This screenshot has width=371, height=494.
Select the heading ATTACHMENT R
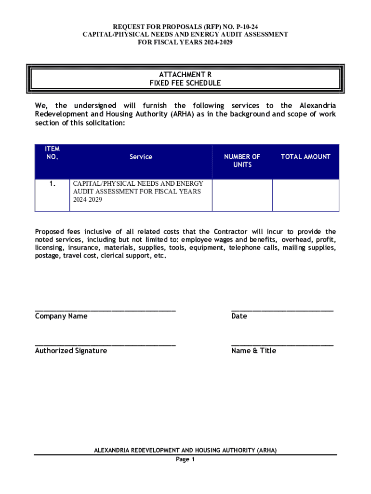click(x=185, y=74)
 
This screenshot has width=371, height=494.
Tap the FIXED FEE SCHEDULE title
click(x=185, y=83)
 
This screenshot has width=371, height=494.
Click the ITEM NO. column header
click(x=52, y=153)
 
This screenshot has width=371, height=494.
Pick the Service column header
click(x=141, y=157)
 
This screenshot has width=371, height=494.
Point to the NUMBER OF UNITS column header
click(x=242, y=161)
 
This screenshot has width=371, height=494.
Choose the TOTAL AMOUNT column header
click(x=305, y=157)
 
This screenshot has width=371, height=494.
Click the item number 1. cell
click(x=52, y=184)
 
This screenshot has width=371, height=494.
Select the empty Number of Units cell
click(x=242, y=195)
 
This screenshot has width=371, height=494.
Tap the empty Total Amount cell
click(x=305, y=195)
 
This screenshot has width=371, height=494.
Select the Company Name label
click(x=61, y=316)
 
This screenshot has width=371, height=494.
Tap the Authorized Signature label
click(x=71, y=351)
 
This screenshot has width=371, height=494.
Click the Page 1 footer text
click(x=185, y=459)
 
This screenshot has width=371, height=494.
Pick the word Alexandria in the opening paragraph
click(x=318, y=106)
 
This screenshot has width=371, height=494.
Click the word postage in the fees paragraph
click(x=47, y=256)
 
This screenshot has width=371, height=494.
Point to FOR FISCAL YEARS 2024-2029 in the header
click(x=185, y=42)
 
